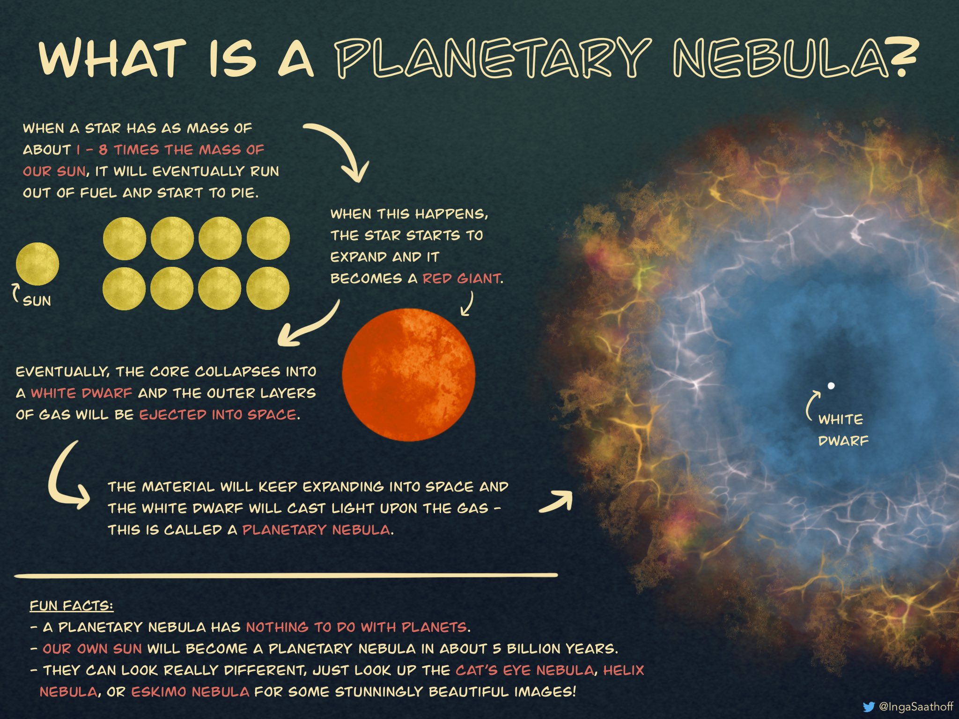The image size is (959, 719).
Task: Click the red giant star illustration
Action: click(x=408, y=374)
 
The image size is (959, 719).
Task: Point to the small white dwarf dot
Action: click(x=831, y=386)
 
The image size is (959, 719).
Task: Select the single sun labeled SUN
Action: click(x=37, y=264)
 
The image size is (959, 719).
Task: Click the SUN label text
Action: click(x=37, y=301)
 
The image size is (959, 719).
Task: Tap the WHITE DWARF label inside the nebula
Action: click(x=843, y=430)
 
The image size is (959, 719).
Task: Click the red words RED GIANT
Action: click(x=461, y=279)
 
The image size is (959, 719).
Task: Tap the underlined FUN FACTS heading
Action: click(x=71, y=606)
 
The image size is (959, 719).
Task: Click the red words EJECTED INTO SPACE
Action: click(x=218, y=415)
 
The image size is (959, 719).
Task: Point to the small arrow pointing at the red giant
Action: click(x=467, y=304)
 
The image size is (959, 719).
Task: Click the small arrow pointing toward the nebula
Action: click(x=556, y=503)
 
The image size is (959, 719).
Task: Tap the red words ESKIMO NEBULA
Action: click(x=190, y=692)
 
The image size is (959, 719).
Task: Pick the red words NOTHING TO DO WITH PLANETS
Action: click(x=357, y=627)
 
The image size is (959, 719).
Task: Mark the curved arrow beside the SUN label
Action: click(x=15, y=293)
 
